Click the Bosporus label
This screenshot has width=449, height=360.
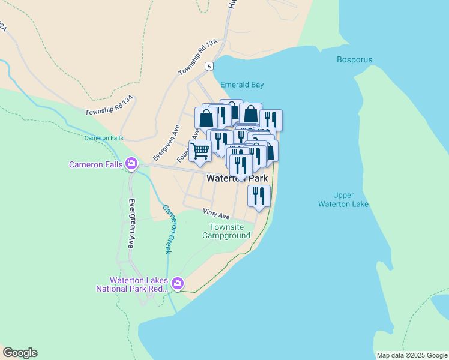[x=354, y=60]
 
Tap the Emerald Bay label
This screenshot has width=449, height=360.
[x=242, y=85]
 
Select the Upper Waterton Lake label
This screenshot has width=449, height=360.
[x=351, y=200]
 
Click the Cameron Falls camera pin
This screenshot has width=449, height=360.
[x=131, y=163]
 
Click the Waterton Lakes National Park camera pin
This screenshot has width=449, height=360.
[x=177, y=283]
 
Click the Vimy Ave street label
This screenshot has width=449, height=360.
[x=217, y=214]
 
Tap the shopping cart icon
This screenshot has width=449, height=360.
[x=200, y=151]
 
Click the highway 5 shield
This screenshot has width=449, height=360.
[x=208, y=65]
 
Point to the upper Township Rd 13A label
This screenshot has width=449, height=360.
[x=197, y=58]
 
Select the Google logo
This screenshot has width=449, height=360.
[x=20, y=353]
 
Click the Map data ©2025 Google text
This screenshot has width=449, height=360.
[x=412, y=355]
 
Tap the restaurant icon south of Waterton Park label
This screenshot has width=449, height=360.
[x=259, y=196]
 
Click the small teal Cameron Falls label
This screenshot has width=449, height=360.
[x=104, y=138]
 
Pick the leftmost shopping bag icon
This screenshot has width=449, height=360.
[x=206, y=118]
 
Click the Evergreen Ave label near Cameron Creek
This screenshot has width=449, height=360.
[x=131, y=223]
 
